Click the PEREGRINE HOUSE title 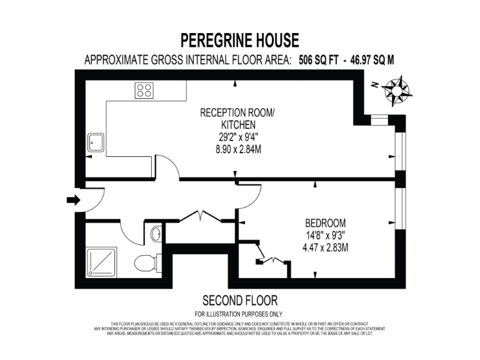click(x=240, y=41)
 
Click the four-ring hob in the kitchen click(x=145, y=91)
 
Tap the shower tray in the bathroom click(x=101, y=261)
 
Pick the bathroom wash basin click(x=156, y=235)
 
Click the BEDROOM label click(x=325, y=223)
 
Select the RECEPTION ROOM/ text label click(x=237, y=113)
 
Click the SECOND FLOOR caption click(x=240, y=301)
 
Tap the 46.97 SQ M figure click(x=372, y=61)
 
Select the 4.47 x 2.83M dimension click(x=325, y=247)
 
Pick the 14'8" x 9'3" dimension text click(x=325, y=236)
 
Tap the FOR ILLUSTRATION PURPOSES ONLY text click(x=239, y=314)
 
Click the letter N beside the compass click(x=372, y=84)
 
